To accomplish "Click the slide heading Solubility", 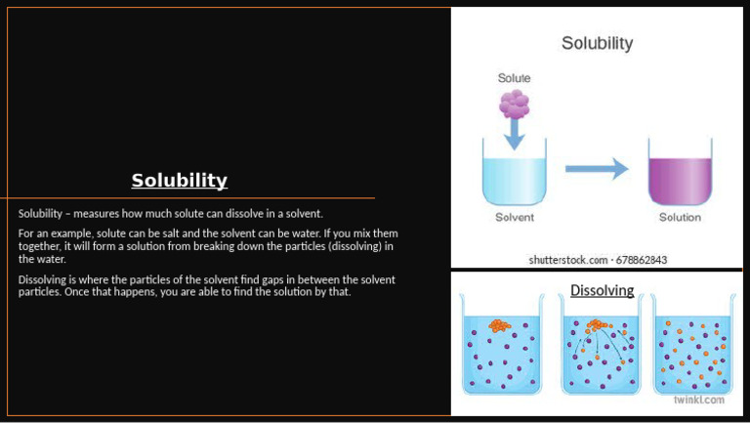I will click(180, 181).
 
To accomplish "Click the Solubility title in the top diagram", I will click(597, 44).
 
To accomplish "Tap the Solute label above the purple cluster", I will click(515, 78).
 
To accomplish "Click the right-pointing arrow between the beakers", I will click(597, 169).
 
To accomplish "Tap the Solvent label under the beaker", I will click(515, 217).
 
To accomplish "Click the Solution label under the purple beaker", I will click(681, 217).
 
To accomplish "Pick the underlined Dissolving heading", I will click(602, 290).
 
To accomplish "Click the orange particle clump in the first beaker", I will click(499, 324).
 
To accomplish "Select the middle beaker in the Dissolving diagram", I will click(600, 353).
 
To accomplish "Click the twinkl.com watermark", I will click(699, 400).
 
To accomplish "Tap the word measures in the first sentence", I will click(100, 213).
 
